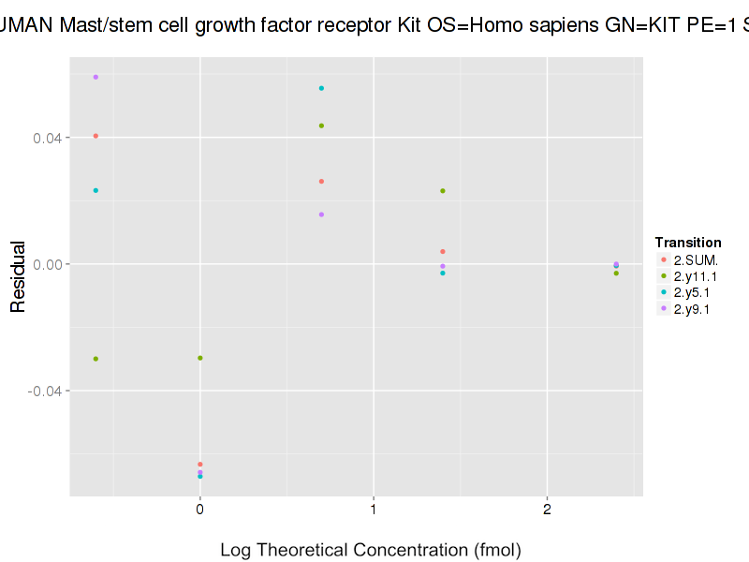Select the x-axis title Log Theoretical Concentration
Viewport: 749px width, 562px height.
click(370, 550)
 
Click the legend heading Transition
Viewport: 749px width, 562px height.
click(688, 243)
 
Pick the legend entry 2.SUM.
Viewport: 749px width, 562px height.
click(694, 259)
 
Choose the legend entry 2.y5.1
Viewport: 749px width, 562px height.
click(692, 292)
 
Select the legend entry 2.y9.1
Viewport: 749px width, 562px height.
click(692, 309)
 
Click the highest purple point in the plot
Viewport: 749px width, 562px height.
click(95, 77)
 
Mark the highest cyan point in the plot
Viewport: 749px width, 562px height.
click(321, 88)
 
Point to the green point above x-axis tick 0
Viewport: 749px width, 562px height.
click(200, 358)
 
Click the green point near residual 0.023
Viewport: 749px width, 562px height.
click(443, 191)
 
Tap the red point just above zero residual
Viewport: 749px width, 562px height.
click(443, 251)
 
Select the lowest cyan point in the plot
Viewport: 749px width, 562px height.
click(200, 476)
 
